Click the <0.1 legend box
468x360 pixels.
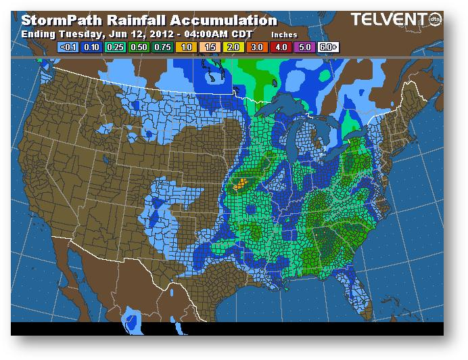[x=68, y=47]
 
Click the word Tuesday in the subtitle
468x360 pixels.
[x=83, y=33]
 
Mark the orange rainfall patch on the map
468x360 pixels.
[x=239, y=183]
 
